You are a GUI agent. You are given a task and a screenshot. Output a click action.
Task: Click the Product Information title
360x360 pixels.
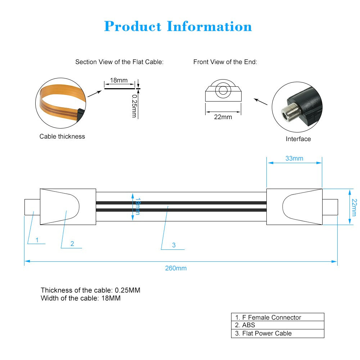tap(178, 27)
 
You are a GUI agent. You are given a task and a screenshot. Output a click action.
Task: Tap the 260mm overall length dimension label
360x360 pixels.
tap(176, 268)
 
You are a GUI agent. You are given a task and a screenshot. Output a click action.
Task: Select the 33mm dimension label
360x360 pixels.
tap(294, 158)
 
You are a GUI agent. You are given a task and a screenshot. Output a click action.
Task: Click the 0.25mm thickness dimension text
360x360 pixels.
tap(134, 106)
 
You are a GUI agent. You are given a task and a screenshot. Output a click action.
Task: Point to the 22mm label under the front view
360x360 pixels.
tap(223, 117)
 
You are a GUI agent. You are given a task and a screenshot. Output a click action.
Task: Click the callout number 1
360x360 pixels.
tap(37, 240)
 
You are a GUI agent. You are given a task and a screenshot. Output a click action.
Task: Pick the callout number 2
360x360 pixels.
tap(72, 244)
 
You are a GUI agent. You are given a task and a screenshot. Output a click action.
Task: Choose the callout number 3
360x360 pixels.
tap(174, 245)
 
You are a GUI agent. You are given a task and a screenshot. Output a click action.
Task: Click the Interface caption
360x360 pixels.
tap(298, 139)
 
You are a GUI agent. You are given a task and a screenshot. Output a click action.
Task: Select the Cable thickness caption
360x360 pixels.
tap(62, 136)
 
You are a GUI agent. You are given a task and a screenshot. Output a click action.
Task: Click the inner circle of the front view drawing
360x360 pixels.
tap(223, 90)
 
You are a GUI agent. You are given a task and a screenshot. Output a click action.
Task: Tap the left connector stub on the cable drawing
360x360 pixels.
tap(32, 207)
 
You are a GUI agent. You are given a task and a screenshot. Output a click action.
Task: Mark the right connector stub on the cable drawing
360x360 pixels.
tap(330, 207)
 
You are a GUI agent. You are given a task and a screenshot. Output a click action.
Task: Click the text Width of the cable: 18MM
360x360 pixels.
tap(81, 298)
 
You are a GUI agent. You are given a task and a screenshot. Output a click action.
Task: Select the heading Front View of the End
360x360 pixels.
tap(225, 62)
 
